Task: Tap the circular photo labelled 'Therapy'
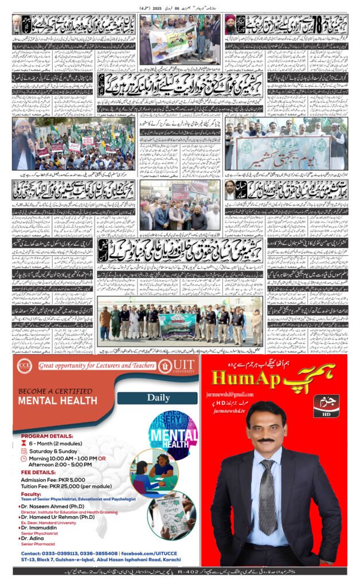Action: click(170, 515)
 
